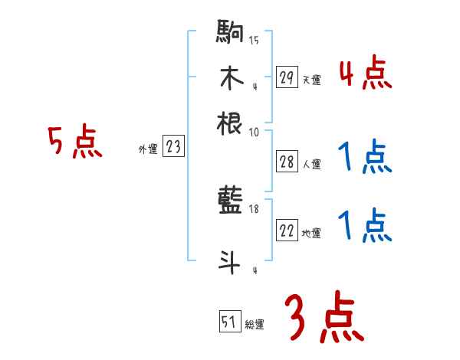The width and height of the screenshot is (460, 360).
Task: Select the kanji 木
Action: point(230,79)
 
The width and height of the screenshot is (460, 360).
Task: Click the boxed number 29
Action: point(287,77)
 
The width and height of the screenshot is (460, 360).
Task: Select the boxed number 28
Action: point(287,161)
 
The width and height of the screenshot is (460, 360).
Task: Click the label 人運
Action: point(311,163)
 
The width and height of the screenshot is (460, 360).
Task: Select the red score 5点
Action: point(74,143)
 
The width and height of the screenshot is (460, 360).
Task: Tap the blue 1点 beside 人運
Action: point(364,159)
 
